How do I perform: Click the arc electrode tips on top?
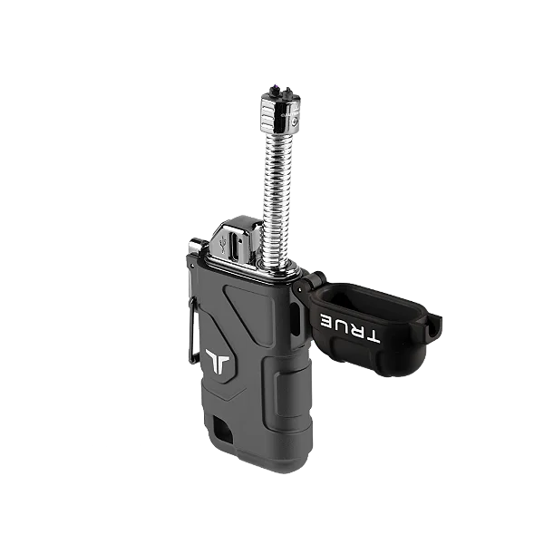pyautogui.click(x=279, y=87)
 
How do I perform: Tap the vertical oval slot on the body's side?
pyautogui.click(x=296, y=322)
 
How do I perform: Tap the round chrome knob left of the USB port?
pyautogui.click(x=194, y=247)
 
